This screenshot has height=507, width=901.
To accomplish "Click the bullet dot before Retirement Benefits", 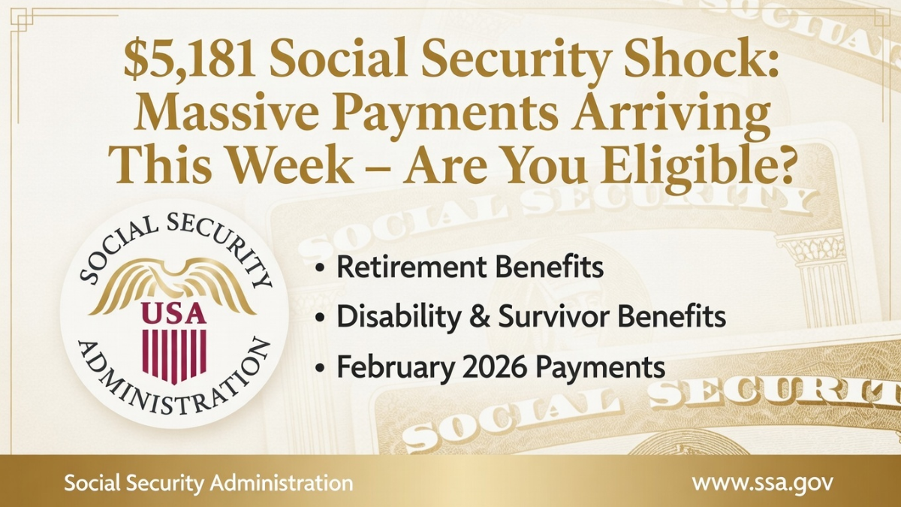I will [321, 269].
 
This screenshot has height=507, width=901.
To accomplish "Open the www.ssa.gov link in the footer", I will [761, 482].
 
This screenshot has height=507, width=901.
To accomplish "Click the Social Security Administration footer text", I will [208, 482].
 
